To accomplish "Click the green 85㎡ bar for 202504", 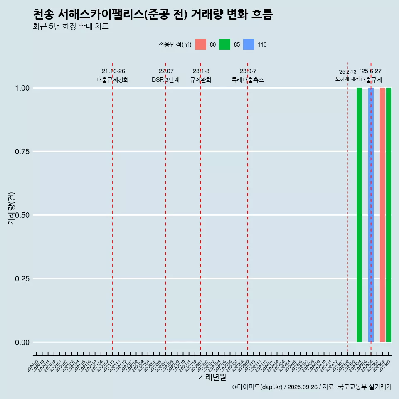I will click(x=359, y=215).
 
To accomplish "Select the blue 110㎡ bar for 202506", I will click(x=371, y=215).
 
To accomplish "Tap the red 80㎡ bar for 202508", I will click(x=382, y=215).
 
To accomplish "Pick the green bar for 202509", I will click(x=389, y=215).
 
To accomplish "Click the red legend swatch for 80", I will click(x=201, y=44).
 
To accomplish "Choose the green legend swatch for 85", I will click(x=225, y=44).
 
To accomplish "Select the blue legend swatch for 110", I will click(x=249, y=44).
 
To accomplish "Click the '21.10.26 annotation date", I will click(x=113, y=71).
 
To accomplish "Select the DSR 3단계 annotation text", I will click(x=165, y=80).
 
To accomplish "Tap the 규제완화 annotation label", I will click(x=201, y=80).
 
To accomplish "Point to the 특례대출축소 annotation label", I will click(x=248, y=80).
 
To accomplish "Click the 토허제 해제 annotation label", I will click(x=347, y=79).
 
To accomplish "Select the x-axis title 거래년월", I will click(x=212, y=377).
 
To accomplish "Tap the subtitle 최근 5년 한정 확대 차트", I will click(x=71, y=27).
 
